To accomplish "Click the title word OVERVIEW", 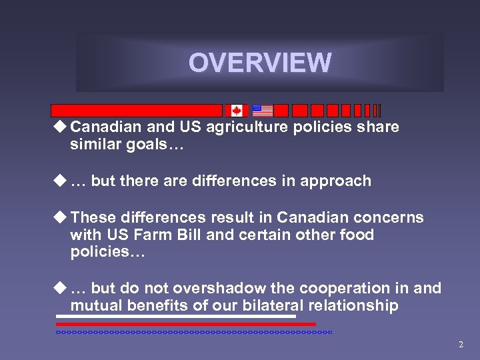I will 259,63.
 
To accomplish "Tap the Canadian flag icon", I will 236,111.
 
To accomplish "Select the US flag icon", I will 263,111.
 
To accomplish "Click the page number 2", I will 461,345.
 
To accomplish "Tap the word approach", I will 337,181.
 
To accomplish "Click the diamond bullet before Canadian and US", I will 61,126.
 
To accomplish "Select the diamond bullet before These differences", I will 61,217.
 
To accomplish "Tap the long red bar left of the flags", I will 137,111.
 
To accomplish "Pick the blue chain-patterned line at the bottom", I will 193,331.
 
